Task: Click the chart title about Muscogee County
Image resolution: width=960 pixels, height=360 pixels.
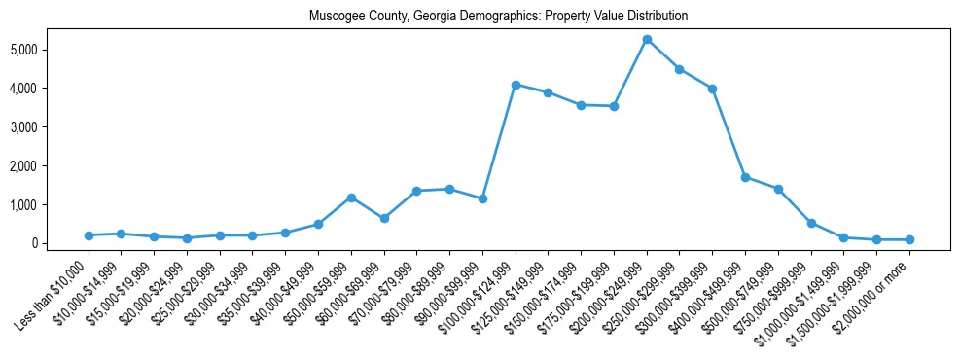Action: coord(498,17)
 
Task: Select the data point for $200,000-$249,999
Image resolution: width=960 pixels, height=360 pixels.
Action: coord(647,39)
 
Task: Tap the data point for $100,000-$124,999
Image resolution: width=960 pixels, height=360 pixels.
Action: coord(516,85)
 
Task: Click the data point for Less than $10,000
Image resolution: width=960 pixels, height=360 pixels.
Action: coord(89,235)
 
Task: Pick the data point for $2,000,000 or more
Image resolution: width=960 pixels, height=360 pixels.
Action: coord(909,239)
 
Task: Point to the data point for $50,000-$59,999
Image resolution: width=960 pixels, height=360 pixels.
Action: coord(351,198)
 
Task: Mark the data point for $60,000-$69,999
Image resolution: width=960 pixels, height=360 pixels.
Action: coord(384,218)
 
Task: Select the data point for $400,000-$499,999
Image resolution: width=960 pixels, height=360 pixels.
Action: coord(745,177)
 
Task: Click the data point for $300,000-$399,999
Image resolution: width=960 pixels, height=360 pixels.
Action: coord(712,89)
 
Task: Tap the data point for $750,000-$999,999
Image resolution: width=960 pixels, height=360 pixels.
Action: coord(811,223)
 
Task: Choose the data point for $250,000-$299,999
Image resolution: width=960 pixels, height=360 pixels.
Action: coord(680,69)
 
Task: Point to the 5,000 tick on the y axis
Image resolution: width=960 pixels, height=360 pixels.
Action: coord(51,49)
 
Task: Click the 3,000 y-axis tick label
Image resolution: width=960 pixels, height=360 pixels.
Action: coord(51,126)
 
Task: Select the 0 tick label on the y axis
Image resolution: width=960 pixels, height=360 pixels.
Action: coord(60,243)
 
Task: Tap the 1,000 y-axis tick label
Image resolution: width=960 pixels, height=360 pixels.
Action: coord(51,204)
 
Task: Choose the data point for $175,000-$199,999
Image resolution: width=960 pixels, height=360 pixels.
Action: coord(614,106)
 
